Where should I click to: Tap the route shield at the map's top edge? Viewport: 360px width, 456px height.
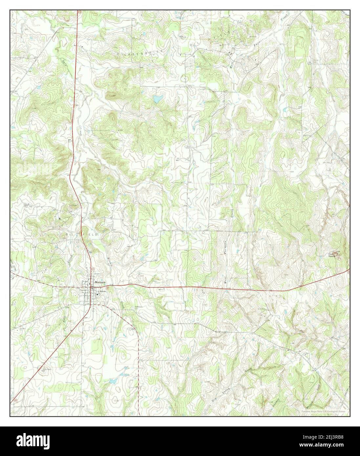[79, 11]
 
